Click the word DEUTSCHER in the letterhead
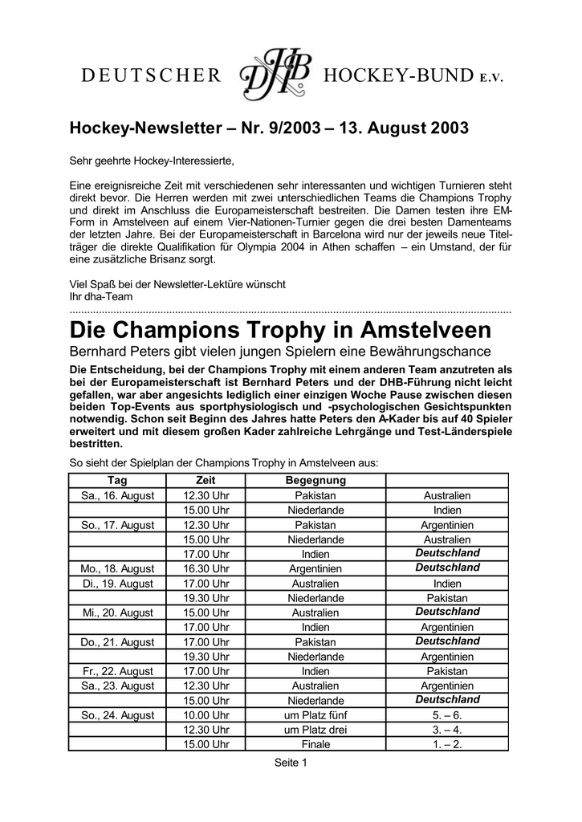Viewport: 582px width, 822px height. [x=150, y=77]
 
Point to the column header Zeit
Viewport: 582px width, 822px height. [x=206, y=481]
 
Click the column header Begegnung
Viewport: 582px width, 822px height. [x=315, y=481]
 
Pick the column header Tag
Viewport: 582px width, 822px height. [x=117, y=481]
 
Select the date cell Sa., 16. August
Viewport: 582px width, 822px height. [x=117, y=496]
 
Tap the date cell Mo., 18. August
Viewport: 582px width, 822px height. [x=117, y=568]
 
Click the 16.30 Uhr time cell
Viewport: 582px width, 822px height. [x=206, y=568]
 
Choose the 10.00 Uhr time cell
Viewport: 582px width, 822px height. [x=206, y=714]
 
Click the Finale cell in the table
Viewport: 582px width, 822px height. [x=315, y=744]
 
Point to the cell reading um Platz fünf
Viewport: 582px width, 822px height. [x=315, y=714]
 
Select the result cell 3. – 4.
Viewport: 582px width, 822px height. [x=447, y=730]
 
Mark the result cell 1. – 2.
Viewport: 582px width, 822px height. [x=447, y=744]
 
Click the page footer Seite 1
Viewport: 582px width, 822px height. [x=291, y=763]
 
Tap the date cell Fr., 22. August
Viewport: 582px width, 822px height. [x=117, y=671]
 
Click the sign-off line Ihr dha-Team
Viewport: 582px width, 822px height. [x=101, y=296]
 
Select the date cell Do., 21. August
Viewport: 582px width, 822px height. [x=117, y=641]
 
